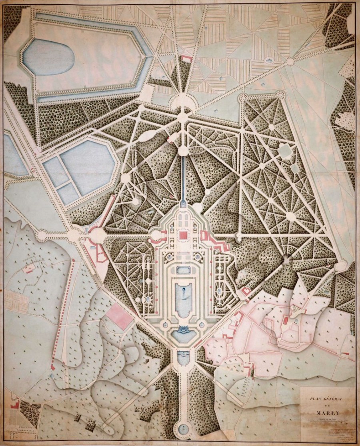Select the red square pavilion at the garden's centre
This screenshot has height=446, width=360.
pyautogui.click(x=184, y=235)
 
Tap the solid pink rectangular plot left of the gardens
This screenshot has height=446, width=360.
pyautogui.click(x=120, y=316)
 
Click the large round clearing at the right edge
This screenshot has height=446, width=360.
pyautogui.click(x=341, y=266)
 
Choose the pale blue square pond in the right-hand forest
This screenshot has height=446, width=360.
pyautogui.click(x=284, y=151)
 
